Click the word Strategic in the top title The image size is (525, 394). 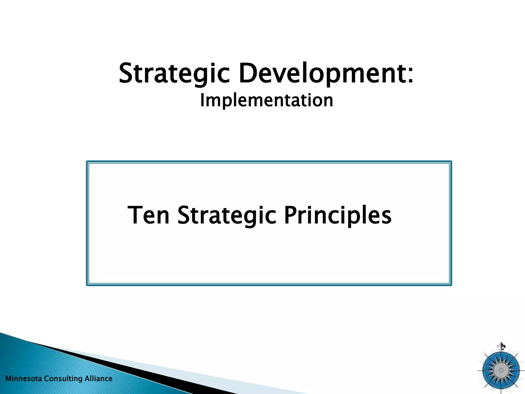tap(174, 74)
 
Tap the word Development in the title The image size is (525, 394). tap(321, 74)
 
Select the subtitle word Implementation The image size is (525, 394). tap(267, 100)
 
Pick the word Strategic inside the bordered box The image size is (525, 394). tap(227, 215)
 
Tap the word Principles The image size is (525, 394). tap(338, 215)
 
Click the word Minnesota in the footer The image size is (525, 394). tap(24, 379)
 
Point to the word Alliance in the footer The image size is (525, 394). tap(98, 379)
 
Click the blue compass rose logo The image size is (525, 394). tap(501, 370)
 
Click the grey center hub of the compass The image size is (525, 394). tap(501, 370)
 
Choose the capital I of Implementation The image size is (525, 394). tap(202, 100)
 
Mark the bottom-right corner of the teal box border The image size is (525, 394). tap(451, 284)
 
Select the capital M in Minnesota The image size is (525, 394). tap(8, 379)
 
